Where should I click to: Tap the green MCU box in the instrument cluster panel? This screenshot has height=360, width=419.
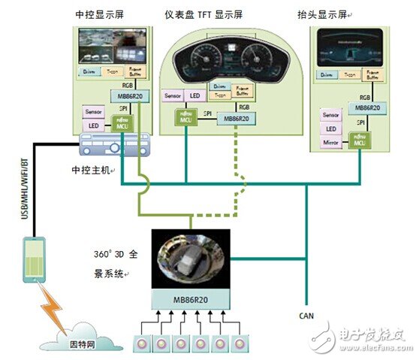pyautogui.click(x=185, y=116)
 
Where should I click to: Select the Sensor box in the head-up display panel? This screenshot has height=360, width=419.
pyautogui.click(x=331, y=114)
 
